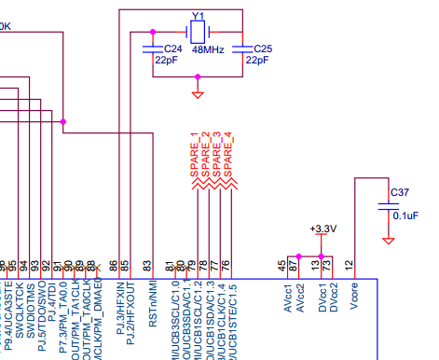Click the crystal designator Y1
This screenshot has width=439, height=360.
click(198, 17)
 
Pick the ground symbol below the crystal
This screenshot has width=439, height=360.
click(198, 93)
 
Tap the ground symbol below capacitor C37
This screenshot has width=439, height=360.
click(389, 241)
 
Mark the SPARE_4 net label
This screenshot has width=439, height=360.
click(227, 154)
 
